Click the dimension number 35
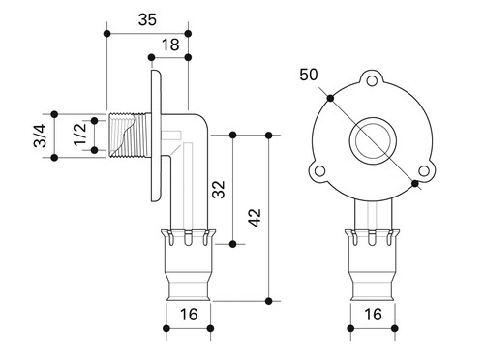point(147,19)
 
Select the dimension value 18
point(170,45)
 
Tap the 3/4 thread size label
point(40,136)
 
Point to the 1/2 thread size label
point(80,135)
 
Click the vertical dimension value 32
point(219,190)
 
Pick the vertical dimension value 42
point(255,218)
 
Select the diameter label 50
point(309,75)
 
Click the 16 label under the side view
point(189,315)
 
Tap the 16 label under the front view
point(373,315)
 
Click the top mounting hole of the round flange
point(372,81)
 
